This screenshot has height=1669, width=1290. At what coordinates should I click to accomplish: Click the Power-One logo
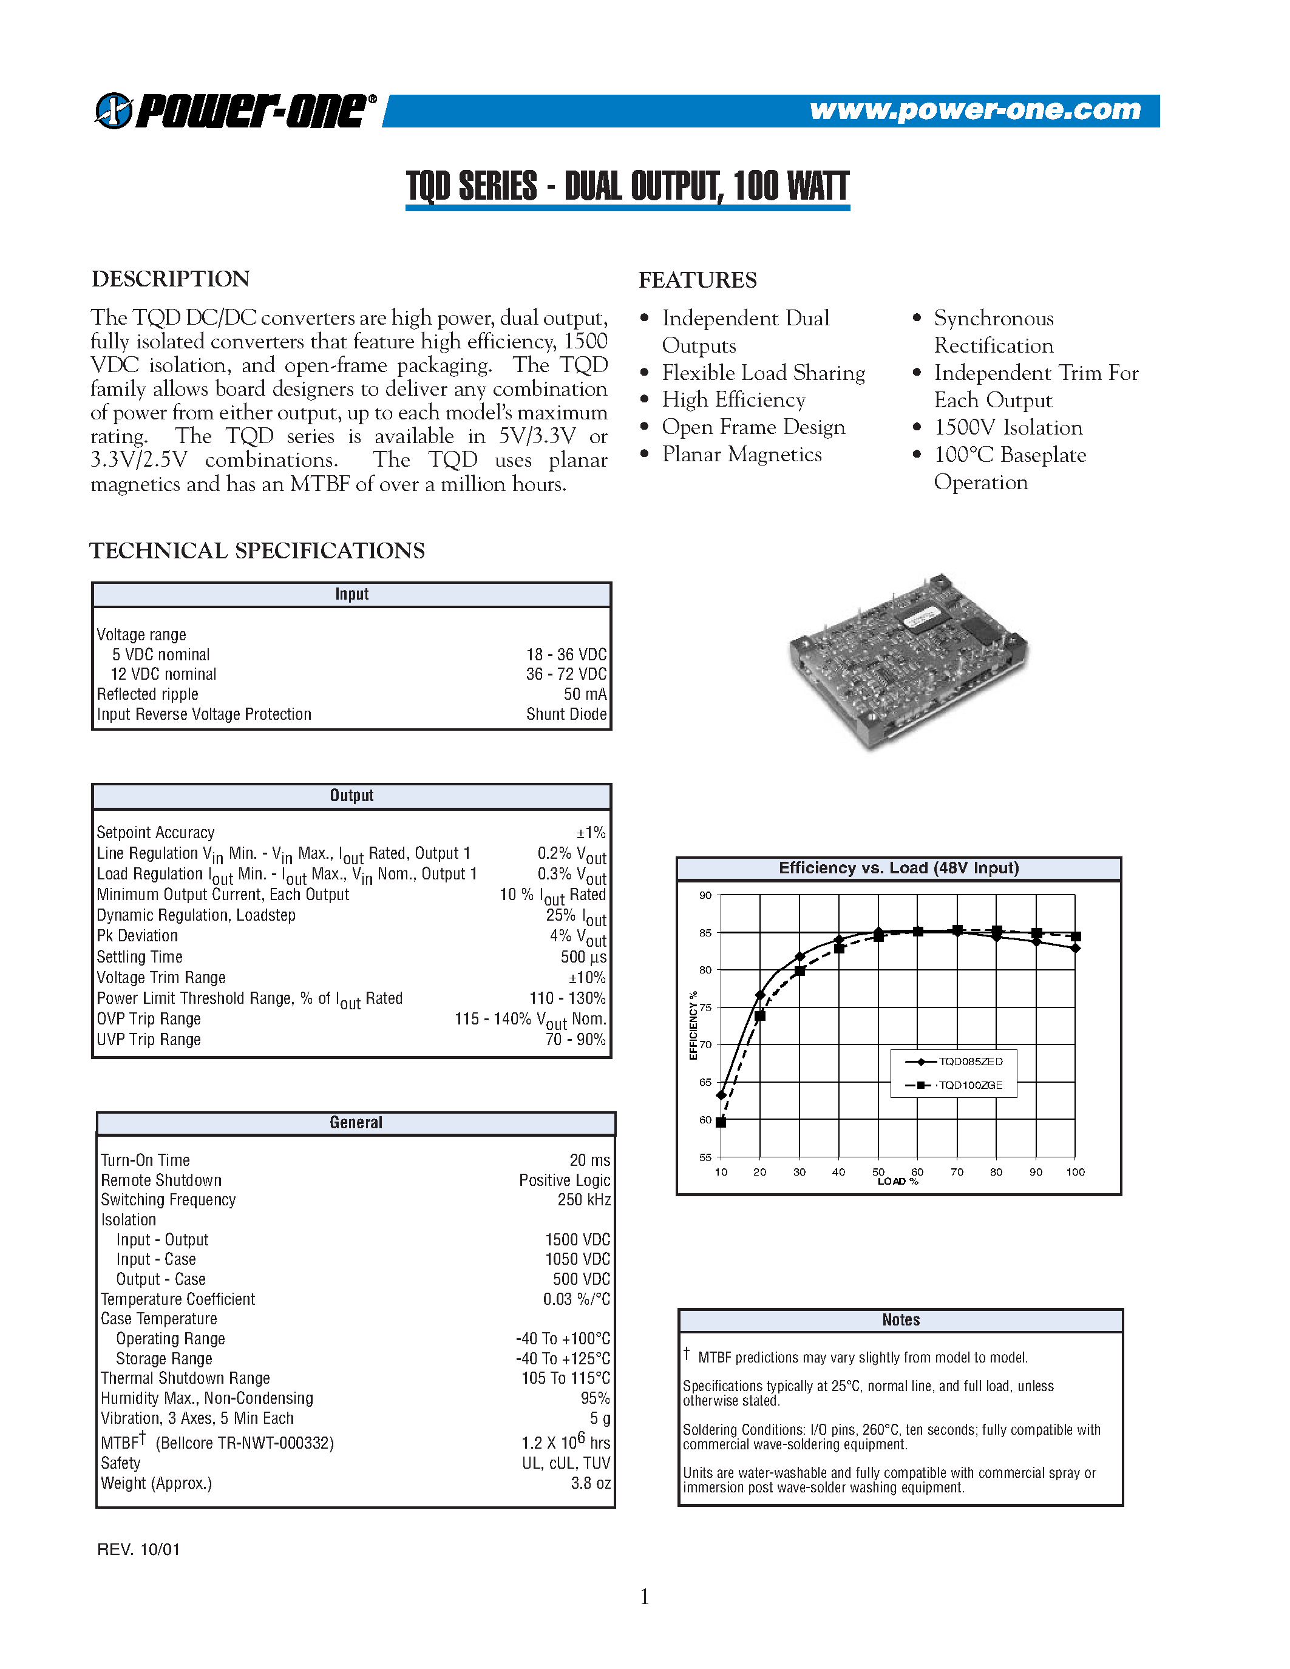(x=236, y=111)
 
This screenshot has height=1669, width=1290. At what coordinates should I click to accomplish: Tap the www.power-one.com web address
(x=974, y=110)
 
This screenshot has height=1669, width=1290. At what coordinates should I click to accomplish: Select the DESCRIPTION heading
(x=171, y=279)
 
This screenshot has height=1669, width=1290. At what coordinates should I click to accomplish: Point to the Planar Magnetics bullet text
(x=741, y=455)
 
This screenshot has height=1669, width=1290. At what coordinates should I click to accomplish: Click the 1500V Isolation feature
(x=1008, y=427)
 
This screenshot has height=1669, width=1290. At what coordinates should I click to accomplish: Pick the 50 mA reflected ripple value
(x=585, y=694)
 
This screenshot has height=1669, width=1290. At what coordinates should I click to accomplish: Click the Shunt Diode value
(x=566, y=714)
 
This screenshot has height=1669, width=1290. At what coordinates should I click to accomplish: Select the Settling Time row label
(x=140, y=956)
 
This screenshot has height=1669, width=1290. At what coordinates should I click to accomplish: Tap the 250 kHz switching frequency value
(x=584, y=1200)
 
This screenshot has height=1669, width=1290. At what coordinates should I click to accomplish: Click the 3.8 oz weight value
(x=591, y=1483)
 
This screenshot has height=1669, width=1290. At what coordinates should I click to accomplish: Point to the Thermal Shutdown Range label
(x=186, y=1378)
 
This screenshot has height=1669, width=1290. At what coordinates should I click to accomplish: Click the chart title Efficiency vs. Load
(x=898, y=868)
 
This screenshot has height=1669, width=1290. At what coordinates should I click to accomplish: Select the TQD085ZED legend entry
(x=970, y=1061)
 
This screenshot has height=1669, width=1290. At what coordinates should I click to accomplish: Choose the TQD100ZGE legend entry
(x=970, y=1085)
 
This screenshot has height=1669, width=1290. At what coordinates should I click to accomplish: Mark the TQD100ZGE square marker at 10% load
(x=721, y=1122)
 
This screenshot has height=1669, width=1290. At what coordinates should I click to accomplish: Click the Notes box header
(x=900, y=1320)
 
